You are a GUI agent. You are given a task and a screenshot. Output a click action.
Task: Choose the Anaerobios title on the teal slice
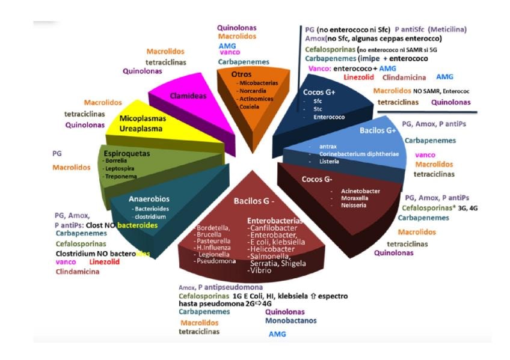pos(149,198)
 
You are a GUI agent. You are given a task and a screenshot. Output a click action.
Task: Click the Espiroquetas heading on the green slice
pos(127,153)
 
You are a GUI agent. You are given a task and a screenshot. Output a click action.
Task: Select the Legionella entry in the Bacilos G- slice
pos(213,254)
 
